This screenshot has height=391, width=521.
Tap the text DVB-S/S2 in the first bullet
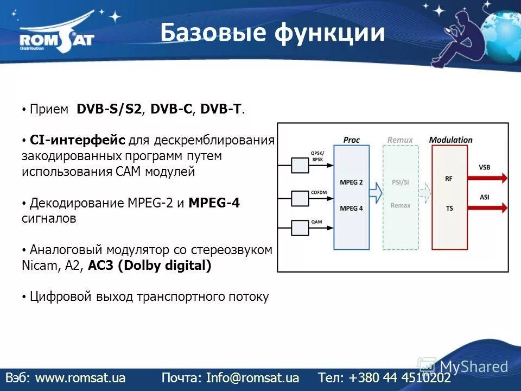coord(109,109)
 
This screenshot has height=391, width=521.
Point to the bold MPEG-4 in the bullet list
coord(214,203)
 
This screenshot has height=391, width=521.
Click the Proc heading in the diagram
coord(351,140)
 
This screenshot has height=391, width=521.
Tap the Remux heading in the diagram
coord(400,140)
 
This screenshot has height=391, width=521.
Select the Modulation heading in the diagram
coord(450,140)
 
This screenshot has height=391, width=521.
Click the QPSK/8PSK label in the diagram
coord(316,156)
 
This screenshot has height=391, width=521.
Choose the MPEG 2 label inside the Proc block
coord(351,182)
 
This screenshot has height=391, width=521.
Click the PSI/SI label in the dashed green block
coord(401,182)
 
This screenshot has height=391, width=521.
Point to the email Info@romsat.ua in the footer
coord(252,377)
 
